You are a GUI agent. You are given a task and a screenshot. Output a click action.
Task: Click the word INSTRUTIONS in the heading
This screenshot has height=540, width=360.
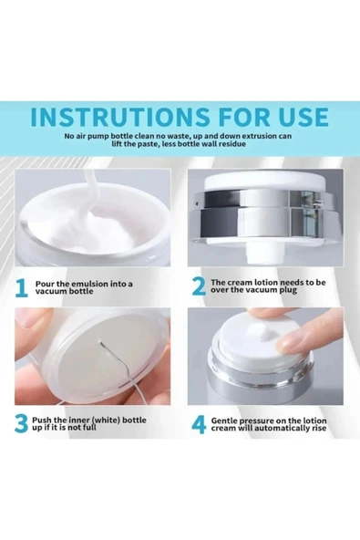pos(119,117)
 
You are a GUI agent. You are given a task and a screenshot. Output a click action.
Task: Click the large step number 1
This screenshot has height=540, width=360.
pos(21,288)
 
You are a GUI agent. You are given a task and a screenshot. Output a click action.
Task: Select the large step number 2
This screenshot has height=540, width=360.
pos(199,286)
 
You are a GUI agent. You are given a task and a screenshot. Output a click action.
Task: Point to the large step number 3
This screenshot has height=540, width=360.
pos(21,423)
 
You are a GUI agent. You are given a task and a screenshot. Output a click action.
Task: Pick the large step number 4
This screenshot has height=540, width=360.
pos(199,424)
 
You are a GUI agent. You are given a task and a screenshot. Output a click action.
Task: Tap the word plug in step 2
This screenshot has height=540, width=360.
pos(288,290)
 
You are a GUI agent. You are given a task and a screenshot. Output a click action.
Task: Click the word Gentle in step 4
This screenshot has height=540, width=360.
pos(224,421)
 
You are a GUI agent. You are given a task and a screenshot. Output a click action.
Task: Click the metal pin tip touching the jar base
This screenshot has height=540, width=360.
pos(99,342)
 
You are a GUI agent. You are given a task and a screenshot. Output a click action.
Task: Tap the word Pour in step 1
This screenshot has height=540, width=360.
pos(43,284)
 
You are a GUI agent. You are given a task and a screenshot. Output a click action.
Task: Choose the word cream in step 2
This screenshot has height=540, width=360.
pos(239,283)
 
